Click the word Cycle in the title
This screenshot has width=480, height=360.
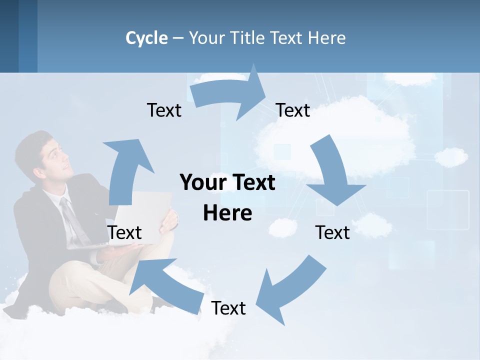(146, 38)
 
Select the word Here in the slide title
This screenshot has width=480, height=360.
(326, 38)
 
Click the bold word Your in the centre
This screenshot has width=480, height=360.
(200, 182)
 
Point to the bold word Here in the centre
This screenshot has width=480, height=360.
(227, 213)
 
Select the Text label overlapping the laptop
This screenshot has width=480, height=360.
(124, 232)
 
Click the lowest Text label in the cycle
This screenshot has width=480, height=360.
(228, 308)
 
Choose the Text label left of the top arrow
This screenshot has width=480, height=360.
(164, 110)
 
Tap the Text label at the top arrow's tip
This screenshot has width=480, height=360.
(293, 110)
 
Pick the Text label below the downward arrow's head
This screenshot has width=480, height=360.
(332, 232)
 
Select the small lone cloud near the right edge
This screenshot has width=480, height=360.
(451, 157)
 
